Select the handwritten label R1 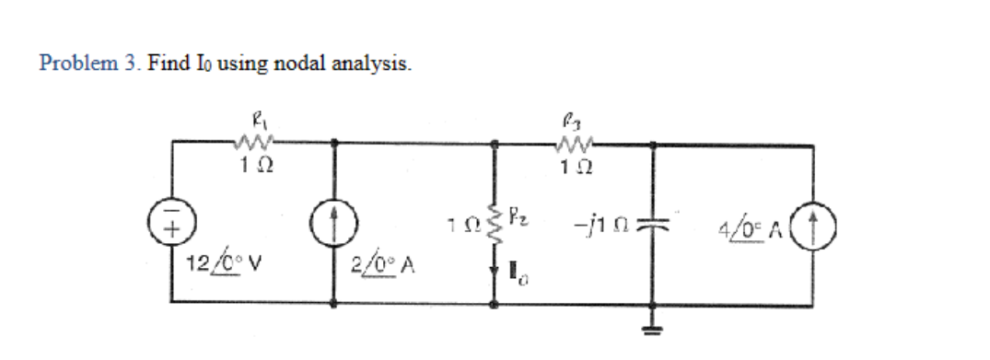(x=250, y=118)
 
